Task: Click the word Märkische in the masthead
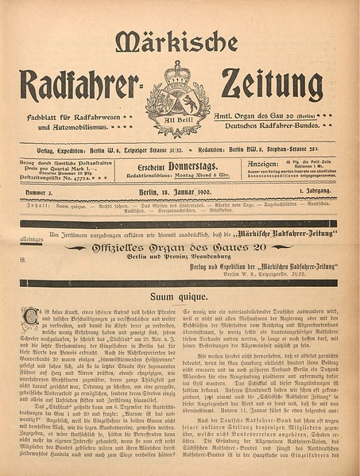176,41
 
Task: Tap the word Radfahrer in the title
80,85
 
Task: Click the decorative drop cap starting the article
30,315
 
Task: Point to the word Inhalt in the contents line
34,207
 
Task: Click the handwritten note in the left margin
32,237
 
